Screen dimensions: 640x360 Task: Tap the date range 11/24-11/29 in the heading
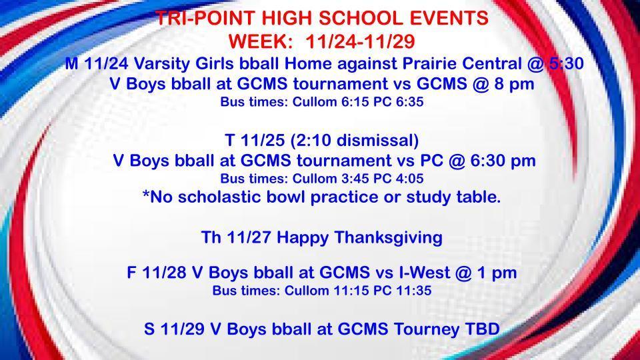[360, 41]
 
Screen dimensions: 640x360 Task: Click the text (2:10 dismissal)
[354, 140]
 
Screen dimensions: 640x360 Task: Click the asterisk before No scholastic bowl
[146, 193]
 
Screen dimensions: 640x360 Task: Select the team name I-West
[425, 272]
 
